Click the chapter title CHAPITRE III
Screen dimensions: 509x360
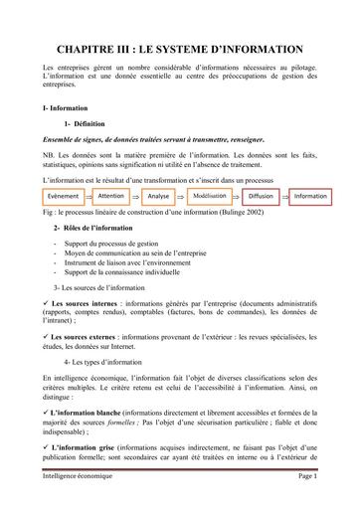click(180, 46)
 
